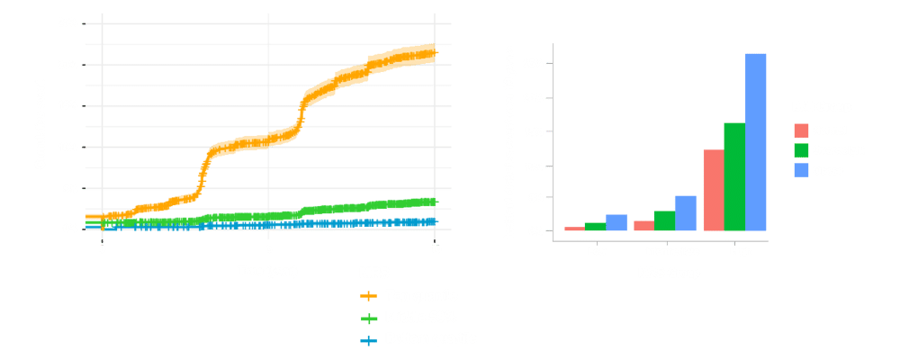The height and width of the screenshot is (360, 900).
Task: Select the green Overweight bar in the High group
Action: [x=734, y=176]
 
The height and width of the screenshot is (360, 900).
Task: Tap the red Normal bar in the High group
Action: [x=713, y=190]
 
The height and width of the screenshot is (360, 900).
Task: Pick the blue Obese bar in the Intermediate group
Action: [x=685, y=213]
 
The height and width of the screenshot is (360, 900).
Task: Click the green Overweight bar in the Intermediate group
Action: [x=664, y=220]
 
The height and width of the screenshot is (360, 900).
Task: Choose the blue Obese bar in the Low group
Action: [x=616, y=222]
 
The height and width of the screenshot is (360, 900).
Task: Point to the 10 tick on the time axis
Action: [x=436, y=247]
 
